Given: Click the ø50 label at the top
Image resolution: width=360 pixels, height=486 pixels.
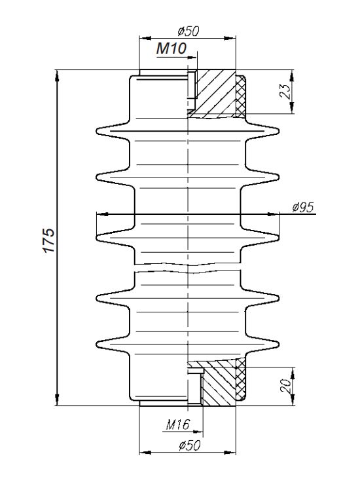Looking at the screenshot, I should coord(189,30).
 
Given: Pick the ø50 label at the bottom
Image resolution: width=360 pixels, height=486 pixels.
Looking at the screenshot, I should coord(188,445).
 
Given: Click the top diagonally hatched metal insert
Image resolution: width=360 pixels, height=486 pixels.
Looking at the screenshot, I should coord(215,92).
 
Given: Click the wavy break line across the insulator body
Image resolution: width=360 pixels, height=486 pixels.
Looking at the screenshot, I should coord(188,265).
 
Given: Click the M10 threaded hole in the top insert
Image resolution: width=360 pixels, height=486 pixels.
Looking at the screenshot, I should coord(192,88).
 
